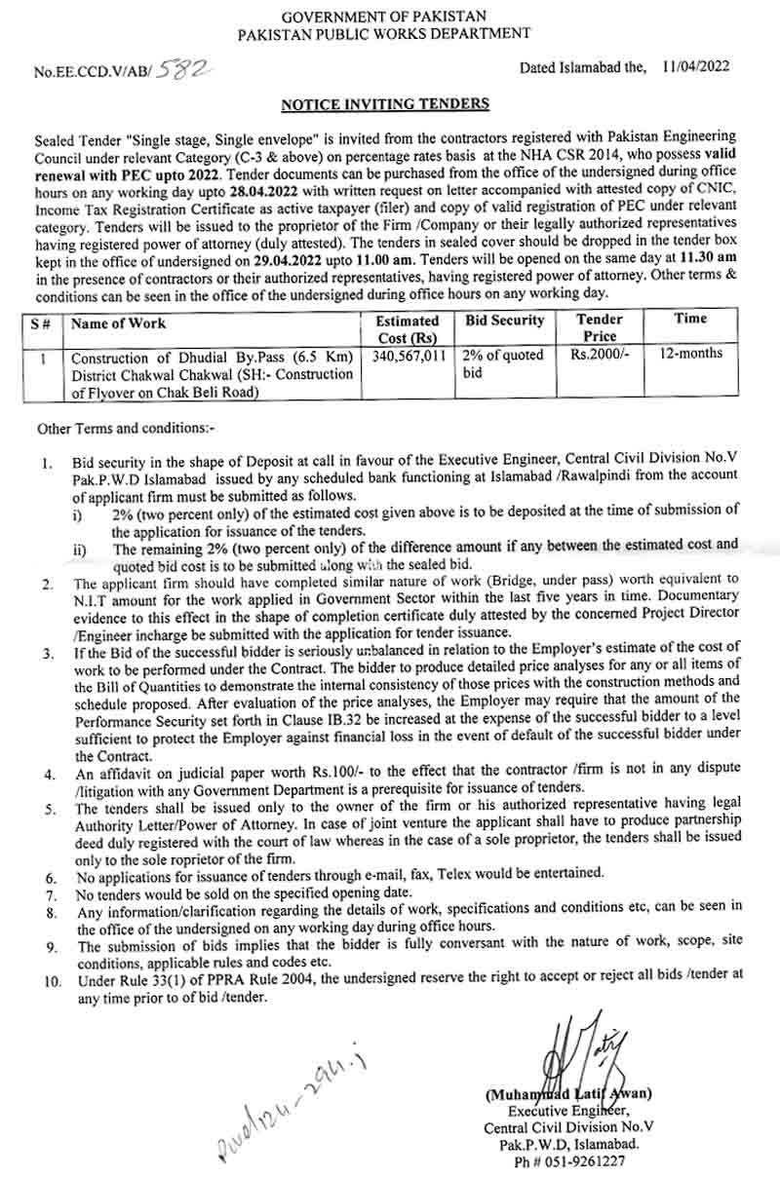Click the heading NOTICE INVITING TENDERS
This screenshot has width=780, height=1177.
click(385, 102)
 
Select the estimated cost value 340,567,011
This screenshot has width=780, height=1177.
click(408, 356)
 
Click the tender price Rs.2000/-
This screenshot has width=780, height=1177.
click(600, 355)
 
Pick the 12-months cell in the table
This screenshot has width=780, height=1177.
click(690, 354)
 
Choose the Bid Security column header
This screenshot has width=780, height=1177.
click(504, 321)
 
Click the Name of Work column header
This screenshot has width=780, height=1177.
click(120, 323)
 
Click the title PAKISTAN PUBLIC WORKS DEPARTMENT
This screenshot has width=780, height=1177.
click(385, 33)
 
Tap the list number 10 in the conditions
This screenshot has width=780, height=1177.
click(51, 973)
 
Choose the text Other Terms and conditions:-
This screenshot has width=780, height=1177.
click(126, 429)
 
